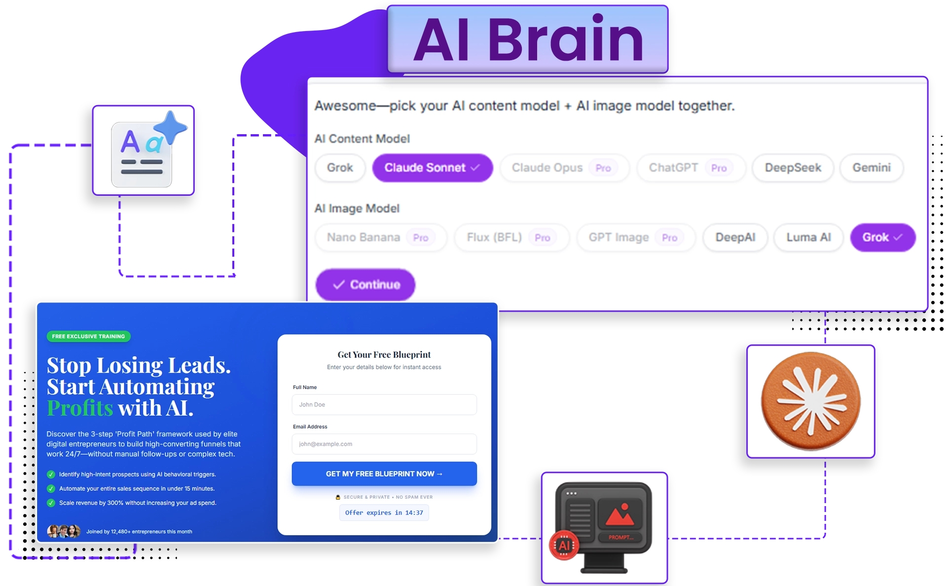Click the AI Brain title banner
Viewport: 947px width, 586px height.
tap(527, 39)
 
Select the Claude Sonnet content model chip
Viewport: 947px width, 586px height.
tap(433, 168)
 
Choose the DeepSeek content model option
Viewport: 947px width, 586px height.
tap(793, 168)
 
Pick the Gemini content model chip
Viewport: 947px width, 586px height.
tap(872, 168)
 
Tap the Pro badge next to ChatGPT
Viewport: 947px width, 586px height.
tap(719, 168)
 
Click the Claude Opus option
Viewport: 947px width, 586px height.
tap(565, 168)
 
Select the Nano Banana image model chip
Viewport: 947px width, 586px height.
tap(381, 238)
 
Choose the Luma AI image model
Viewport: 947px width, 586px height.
tap(808, 238)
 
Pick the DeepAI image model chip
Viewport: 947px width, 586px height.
tap(735, 238)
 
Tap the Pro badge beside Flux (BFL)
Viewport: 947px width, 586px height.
tap(543, 238)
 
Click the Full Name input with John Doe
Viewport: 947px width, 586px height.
tap(384, 404)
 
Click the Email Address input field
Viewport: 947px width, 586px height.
tap(384, 444)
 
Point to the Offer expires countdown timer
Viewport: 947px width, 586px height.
tap(384, 513)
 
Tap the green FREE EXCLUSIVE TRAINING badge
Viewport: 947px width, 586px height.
tap(89, 336)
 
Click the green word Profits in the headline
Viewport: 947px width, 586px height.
tap(80, 408)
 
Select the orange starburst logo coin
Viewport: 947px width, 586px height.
tap(811, 401)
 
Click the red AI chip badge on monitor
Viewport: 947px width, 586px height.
tap(564, 545)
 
